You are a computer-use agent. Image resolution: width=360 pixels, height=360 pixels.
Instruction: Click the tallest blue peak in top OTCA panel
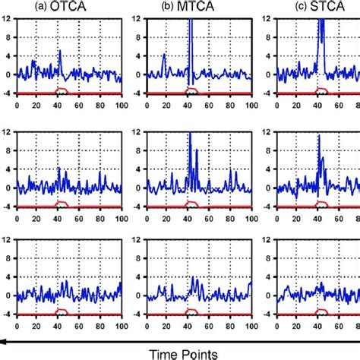point(61,52)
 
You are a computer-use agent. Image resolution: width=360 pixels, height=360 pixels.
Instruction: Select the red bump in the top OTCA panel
point(64,90)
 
